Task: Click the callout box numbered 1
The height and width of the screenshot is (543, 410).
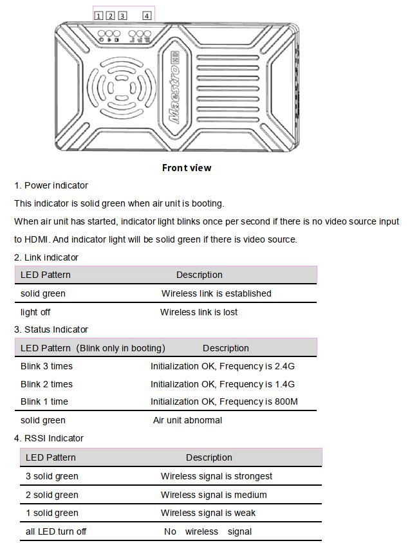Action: tap(98, 15)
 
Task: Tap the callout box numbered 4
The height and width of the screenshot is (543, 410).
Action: tap(147, 15)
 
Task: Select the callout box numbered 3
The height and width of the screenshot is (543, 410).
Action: tap(122, 15)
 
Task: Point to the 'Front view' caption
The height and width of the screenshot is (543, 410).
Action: tap(187, 168)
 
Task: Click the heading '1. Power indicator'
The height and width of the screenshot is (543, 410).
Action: tap(51, 185)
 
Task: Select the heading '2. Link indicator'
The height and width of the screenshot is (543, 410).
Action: tap(46, 257)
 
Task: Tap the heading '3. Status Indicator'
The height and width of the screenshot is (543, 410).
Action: tap(51, 329)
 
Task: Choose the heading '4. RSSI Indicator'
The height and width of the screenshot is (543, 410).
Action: tap(49, 438)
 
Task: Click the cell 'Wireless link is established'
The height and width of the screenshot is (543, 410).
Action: tap(216, 293)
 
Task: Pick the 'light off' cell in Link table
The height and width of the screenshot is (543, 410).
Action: tap(35, 312)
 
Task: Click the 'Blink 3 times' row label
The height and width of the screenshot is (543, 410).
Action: tap(46, 366)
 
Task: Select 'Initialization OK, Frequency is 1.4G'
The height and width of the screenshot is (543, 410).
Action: tap(223, 384)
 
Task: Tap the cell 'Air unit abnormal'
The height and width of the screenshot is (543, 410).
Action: tap(187, 420)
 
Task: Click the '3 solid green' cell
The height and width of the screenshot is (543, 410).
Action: tap(52, 476)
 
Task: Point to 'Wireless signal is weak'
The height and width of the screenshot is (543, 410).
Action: tap(208, 513)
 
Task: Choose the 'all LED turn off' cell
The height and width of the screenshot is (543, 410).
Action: tap(56, 531)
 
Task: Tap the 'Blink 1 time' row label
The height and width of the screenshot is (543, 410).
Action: tap(44, 401)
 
